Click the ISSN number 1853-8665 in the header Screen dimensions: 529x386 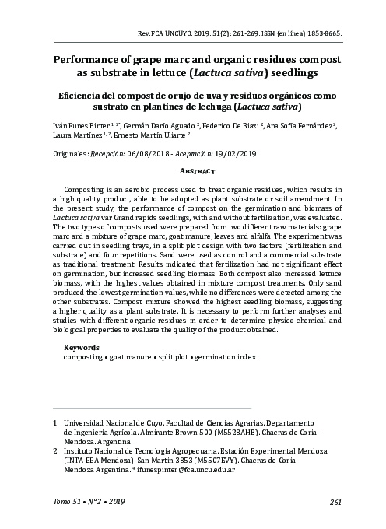coord(321,35)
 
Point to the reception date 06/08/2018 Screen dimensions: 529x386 coord(146,156)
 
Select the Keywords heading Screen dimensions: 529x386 coord(81,347)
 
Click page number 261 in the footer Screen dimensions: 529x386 coord(335,502)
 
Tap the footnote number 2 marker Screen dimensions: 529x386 coord(54,451)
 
